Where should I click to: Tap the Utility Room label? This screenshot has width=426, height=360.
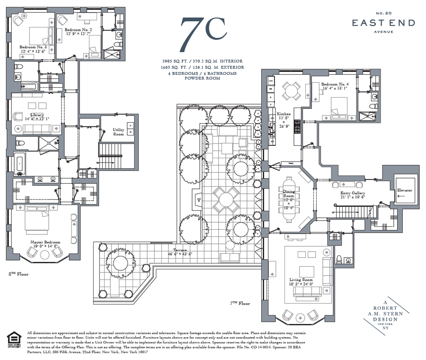pos(118,131)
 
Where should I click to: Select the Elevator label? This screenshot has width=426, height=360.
pos(405,190)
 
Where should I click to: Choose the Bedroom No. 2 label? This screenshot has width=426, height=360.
pos(78,31)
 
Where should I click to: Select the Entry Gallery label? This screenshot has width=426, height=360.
pos(353,195)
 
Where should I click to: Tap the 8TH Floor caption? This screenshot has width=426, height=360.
pos(18,274)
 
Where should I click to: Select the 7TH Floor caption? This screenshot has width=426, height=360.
pos(240,303)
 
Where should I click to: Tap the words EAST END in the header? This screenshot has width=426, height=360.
pos(383,23)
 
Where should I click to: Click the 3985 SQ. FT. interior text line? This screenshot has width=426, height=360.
pos(202,62)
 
